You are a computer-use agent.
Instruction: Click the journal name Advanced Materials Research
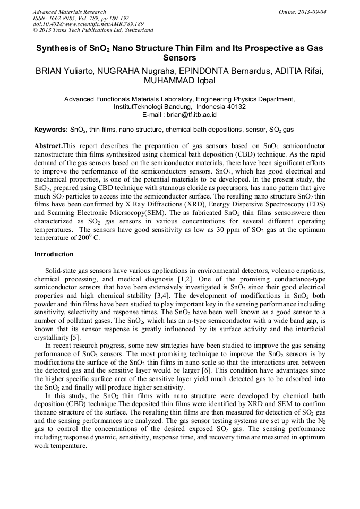(x=69, y=12)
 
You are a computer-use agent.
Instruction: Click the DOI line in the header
(x=88, y=24)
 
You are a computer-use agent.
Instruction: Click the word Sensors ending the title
(x=179, y=57)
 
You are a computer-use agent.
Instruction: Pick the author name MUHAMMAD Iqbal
(x=179, y=81)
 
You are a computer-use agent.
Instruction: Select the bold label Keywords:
(x=51, y=130)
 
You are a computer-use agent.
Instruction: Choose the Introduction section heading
(x=54, y=254)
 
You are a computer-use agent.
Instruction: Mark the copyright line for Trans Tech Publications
(x=93, y=31)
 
